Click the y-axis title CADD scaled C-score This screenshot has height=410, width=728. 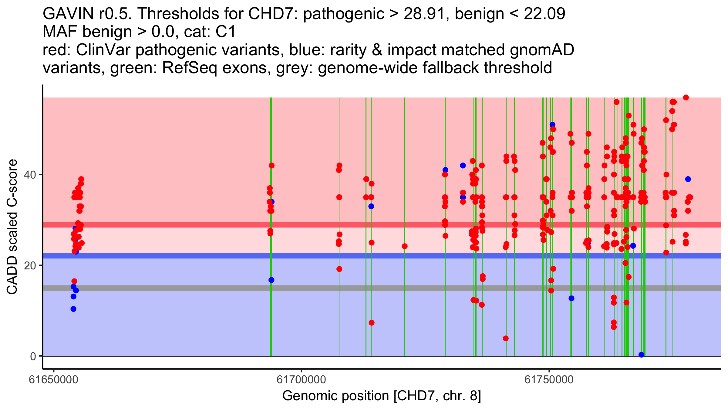point(12,227)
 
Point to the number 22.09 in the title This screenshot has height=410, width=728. point(544,14)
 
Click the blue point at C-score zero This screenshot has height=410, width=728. point(641,355)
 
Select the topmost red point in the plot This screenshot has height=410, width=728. point(686,97)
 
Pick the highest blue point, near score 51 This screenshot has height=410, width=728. point(552,125)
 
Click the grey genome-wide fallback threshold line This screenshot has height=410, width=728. point(303,288)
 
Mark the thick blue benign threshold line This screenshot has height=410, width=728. point(303,256)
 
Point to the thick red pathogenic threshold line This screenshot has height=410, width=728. point(303,225)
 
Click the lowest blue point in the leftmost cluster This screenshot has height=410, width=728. point(73,309)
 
